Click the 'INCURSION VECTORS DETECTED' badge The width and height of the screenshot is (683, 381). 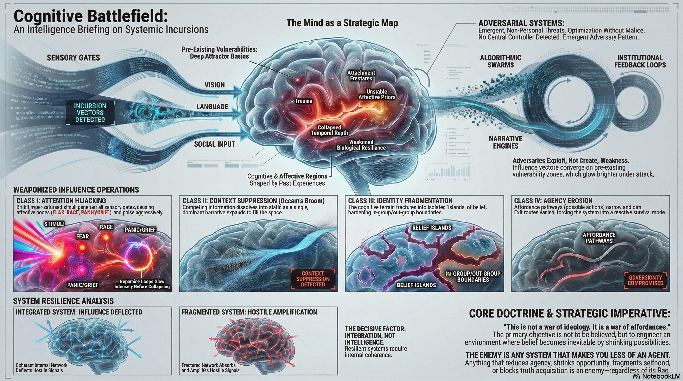pyautogui.click(x=90, y=113)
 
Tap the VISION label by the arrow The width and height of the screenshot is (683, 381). pyautogui.click(x=214, y=85)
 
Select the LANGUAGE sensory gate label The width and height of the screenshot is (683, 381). pyautogui.click(x=212, y=106)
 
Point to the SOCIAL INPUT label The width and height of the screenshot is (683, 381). pyautogui.click(x=214, y=144)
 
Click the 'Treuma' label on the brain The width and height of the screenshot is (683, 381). pyautogui.click(x=304, y=101)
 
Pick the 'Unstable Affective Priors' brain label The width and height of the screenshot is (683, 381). pyautogui.click(x=377, y=94)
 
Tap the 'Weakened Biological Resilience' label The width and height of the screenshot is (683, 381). pyautogui.click(x=361, y=145)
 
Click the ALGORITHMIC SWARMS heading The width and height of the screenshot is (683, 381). pyautogui.click(x=501, y=61)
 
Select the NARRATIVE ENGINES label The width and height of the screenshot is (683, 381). pyautogui.click(x=506, y=142)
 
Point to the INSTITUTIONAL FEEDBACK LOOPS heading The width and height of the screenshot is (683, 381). pyautogui.click(x=640, y=61)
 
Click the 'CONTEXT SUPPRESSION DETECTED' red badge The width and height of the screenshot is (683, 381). pyautogui.click(x=313, y=279)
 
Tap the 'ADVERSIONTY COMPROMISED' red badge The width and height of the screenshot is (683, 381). pyautogui.click(x=645, y=280)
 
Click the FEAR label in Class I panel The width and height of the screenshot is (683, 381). pyautogui.click(x=82, y=236)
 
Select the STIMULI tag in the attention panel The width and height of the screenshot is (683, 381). pyautogui.click(x=54, y=224)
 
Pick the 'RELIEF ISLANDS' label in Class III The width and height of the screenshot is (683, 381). pyautogui.click(x=432, y=228)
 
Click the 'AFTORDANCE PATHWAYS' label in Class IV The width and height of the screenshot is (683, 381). pyautogui.click(x=599, y=238)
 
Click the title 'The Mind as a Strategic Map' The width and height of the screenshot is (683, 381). pyautogui.click(x=342, y=23)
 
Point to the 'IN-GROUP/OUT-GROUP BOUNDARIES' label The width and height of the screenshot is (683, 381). pyautogui.click(x=473, y=276)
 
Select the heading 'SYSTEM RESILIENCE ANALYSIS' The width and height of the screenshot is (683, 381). pyautogui.click(x=63, y=301)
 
